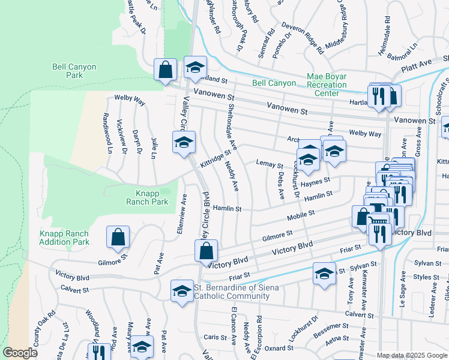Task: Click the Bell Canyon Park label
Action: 74,71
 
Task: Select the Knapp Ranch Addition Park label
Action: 64,238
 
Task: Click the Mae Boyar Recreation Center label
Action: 327,85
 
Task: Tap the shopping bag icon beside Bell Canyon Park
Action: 165,70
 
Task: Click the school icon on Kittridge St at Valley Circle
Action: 184,142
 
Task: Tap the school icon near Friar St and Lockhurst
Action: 324,274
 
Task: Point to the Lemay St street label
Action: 269,164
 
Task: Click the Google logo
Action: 20,353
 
